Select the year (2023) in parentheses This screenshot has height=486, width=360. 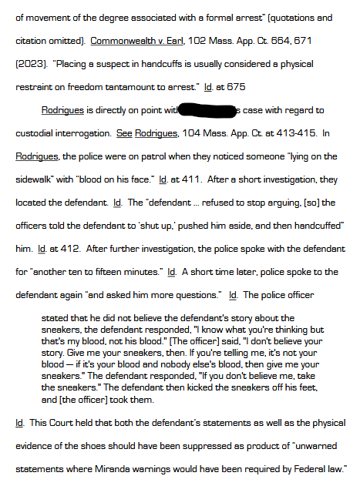coord(29,63)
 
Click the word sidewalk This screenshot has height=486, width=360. coord(35,179)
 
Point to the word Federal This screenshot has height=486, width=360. coord(308,469)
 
